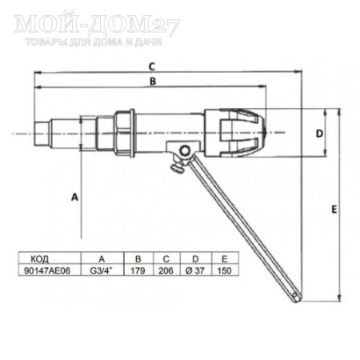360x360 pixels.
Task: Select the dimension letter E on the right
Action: [x=332, y=208]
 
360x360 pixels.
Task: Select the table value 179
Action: [x=139, y=270]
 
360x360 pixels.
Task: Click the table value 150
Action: [x=224, y=270]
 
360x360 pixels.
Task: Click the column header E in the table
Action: [x=224, y=259]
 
